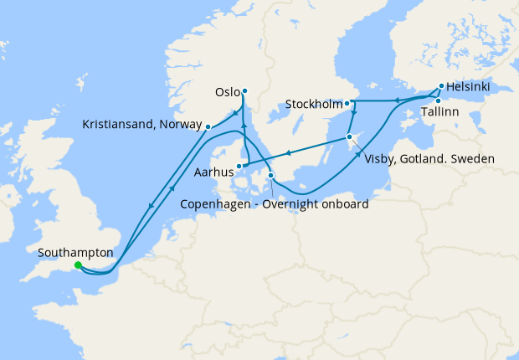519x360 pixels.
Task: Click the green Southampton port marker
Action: (78, 265)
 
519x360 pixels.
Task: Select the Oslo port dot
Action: (244, 90)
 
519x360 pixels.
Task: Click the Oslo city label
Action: (228, 91)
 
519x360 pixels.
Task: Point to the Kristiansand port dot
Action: (208, 127)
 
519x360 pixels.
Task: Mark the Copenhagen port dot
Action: (270, 175)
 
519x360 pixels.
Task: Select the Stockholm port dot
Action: (347, 104)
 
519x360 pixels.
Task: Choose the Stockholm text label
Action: (313, 105)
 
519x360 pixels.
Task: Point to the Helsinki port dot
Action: (441, 85)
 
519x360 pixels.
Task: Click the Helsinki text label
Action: (468, 87)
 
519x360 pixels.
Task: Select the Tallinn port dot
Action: (438, 101)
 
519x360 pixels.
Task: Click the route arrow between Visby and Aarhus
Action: (288, 152)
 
